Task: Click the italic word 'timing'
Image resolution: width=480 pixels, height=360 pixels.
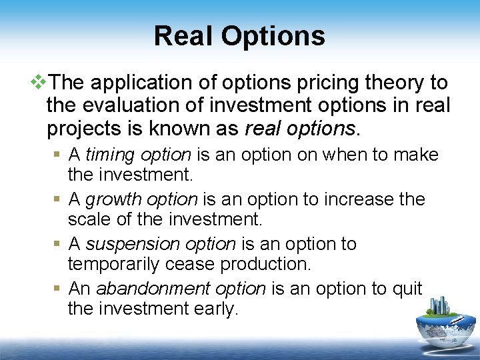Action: [x=110, y=155]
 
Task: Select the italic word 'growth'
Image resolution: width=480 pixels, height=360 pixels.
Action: [x=113, y=199]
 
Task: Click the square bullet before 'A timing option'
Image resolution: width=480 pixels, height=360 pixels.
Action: [x=59, y=155]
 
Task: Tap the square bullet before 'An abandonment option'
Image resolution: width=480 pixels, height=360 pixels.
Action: [x=59, y=289]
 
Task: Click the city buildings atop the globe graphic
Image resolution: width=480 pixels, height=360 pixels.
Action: [x=441, y=306]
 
